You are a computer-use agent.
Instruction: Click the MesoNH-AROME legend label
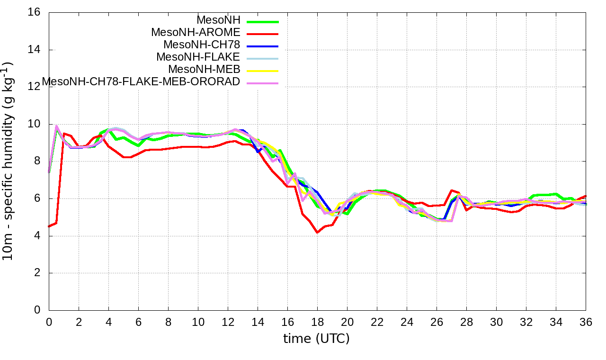click(196, 33)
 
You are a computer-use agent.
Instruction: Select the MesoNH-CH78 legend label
click(202, 45)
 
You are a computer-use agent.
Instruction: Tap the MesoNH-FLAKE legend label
click(198, 57)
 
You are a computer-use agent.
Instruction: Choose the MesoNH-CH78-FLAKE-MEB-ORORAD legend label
click(141, 82)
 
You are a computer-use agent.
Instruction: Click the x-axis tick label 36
click(586, 322)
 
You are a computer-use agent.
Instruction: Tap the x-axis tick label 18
click(317, 322)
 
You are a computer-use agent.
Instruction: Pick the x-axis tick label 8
click(168, 322)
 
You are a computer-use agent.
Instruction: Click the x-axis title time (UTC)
click(316, 339)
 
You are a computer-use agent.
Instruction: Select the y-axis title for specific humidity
click(9, 161)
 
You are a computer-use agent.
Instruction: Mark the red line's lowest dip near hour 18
click(317, 232)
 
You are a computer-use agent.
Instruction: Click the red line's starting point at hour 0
click(49, 226)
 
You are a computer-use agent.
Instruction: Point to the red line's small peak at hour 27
click(451, 190)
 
